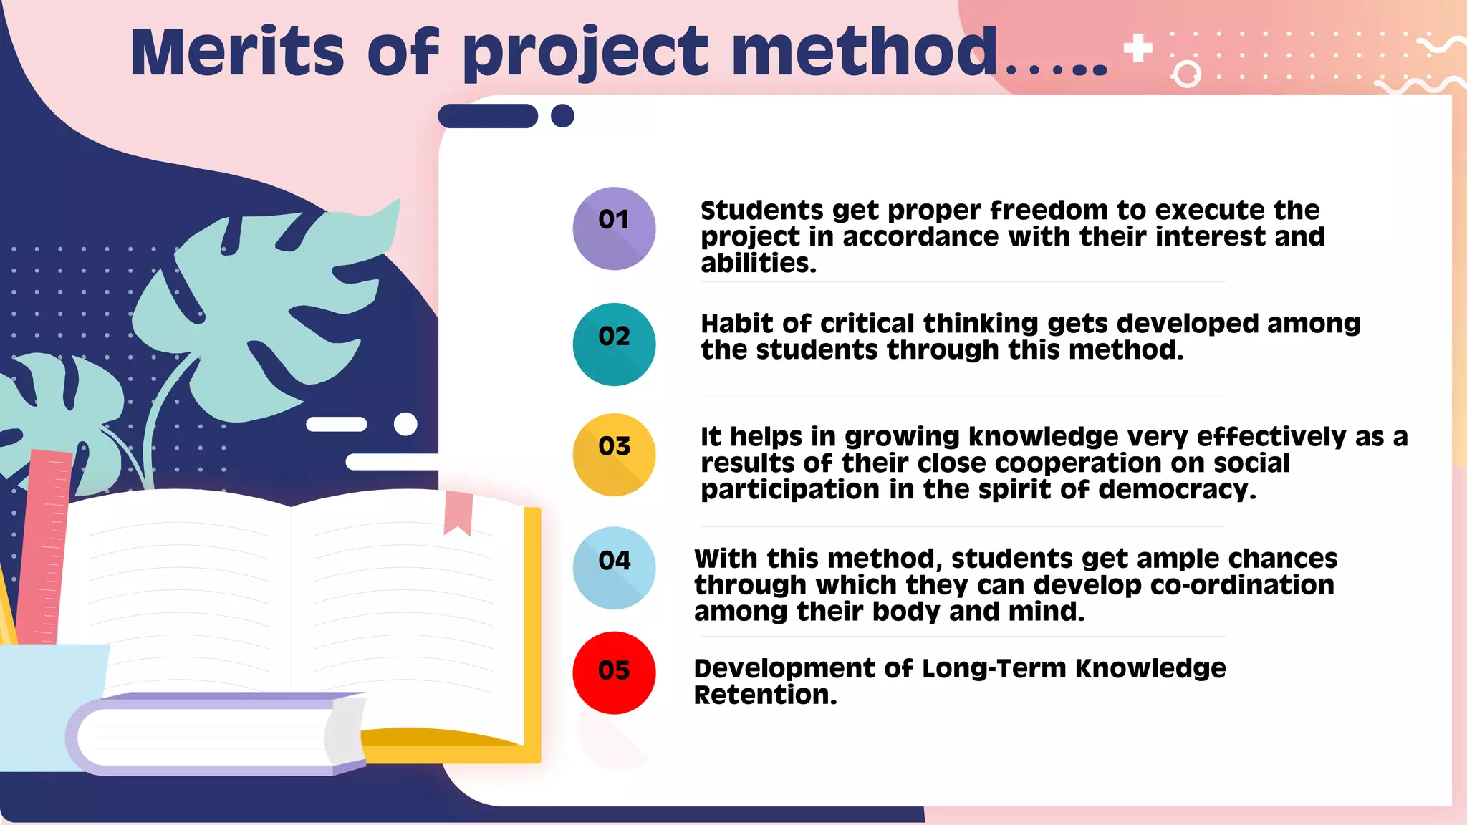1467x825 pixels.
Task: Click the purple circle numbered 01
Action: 614,228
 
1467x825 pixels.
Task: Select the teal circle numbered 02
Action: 614,344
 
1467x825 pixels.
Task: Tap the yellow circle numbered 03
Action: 614,455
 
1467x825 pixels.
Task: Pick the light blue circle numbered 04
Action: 614,568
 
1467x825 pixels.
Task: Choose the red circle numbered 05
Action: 614,672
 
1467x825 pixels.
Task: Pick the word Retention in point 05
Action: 764,695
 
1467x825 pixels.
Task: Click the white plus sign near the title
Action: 1137,49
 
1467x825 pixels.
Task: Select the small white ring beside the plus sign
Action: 1186,74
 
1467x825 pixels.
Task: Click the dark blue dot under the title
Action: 562,115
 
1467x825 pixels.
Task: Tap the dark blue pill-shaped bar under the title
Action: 488,116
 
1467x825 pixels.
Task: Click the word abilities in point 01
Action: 758,264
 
